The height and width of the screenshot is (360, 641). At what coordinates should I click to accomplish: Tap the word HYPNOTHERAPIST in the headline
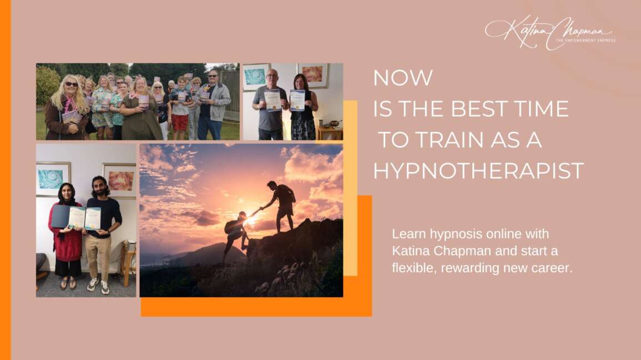478,171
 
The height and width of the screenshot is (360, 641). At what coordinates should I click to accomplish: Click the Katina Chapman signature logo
547,31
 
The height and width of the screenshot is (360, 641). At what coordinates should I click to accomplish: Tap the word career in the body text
552,268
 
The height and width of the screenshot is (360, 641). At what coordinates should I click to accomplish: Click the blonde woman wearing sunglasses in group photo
67,108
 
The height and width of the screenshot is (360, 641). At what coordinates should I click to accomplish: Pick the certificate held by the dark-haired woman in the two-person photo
297,100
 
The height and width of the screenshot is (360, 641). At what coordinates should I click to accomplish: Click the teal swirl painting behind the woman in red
53,179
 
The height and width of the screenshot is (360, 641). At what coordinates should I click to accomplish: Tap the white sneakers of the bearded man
98,285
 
